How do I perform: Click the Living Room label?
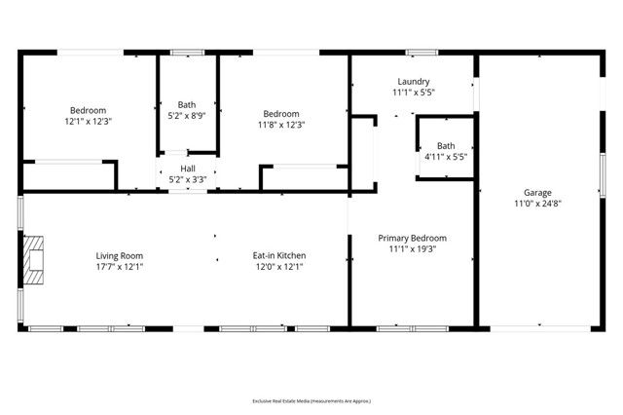[x=119, y=256]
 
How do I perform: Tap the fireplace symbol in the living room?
[x=34, y=259]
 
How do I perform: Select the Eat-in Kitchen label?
[x=280, y=256]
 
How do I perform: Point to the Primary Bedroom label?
[x=413, y=238]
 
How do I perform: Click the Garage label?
[x=537, y=192]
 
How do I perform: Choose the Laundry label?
[x=414, y=82]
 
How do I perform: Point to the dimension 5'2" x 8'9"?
[x=187, y=116]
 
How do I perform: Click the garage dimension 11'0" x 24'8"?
[x=537, y=204]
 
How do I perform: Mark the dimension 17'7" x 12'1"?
[x=119, y=268]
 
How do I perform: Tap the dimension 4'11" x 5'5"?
[x=446, y=157]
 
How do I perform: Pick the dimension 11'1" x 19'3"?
[x=413, y=249]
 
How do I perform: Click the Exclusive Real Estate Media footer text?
[x=311, y=400]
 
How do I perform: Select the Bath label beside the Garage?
[x=446, y=145]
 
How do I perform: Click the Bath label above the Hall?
[x=187, y=104]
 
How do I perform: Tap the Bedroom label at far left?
[x=89, y=111]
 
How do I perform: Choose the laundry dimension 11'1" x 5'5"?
[x=414, y=94]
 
